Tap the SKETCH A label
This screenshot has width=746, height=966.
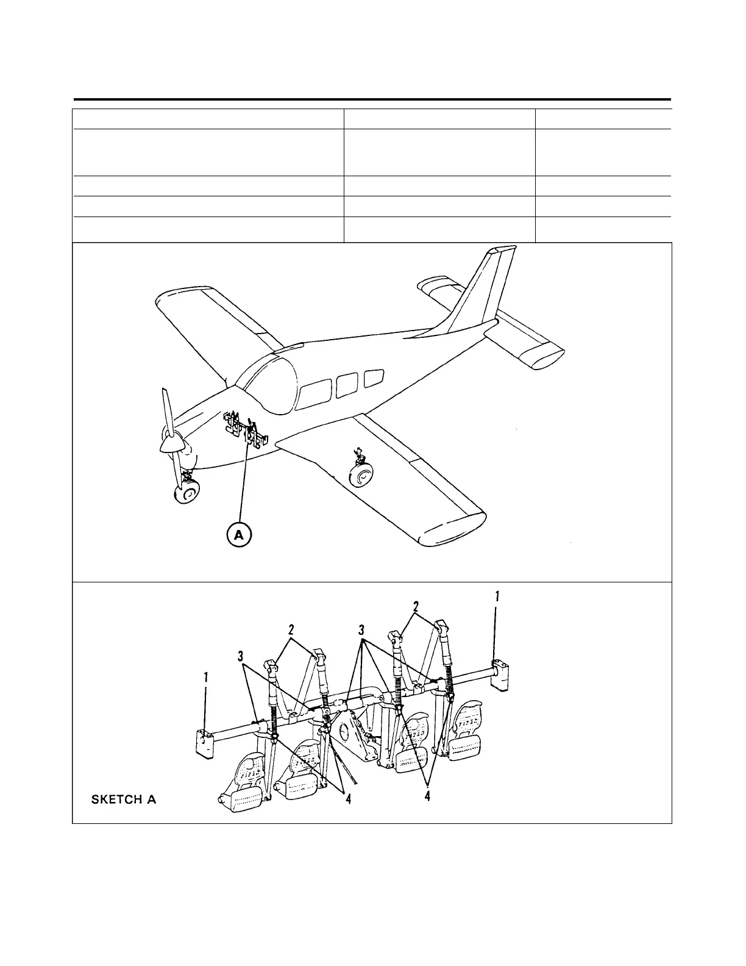click(124, 800)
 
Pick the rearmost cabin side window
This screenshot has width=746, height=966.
click(374, 379)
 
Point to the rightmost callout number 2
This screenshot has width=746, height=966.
click(416, 607)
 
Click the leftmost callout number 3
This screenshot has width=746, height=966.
click(242, 656)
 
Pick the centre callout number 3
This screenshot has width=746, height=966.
click(362, 629)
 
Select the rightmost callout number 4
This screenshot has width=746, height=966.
click(428, 796)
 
